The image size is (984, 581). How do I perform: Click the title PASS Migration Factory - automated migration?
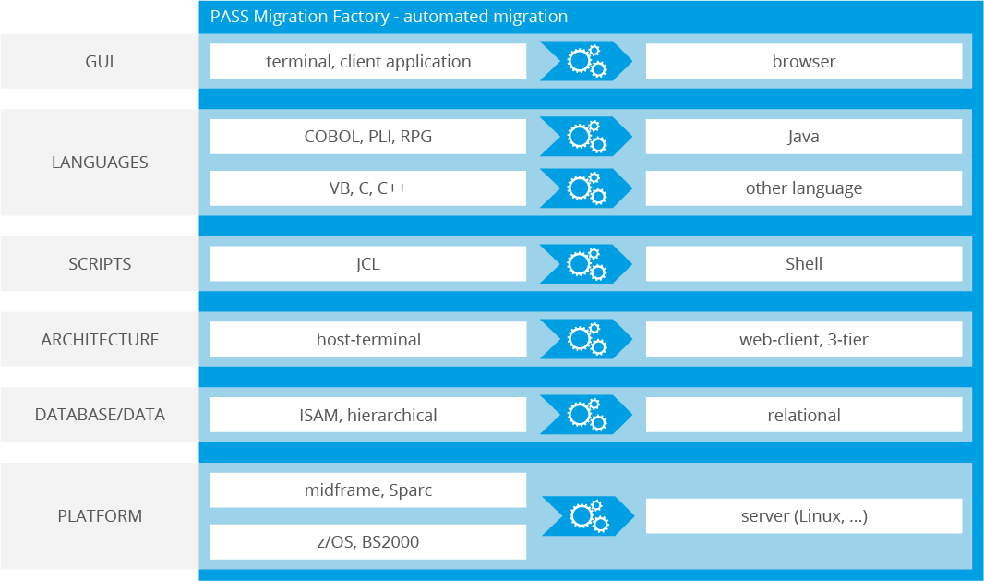(x=389, y=17)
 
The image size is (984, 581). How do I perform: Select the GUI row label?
(x=100, y=62)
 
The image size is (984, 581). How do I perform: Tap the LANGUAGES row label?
(x=100, y=163)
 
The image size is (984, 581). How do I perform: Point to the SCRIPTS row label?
(x=100, y=264)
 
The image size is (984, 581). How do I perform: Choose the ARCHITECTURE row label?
(x=100, y=340)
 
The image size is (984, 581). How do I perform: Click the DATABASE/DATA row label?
(x=100, y=415)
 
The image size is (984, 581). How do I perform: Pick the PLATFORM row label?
(x=100, y=515)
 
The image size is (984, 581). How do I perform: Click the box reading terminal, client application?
(x=368, y=62)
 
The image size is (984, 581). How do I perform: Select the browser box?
(x=804, y=62)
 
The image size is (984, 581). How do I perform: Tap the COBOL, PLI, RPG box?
(x=368, y=137)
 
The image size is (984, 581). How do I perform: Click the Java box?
(x=804, y=137)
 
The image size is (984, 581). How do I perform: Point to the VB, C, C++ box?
(x=368, y=188)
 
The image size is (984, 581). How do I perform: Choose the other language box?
(x=804, y=188)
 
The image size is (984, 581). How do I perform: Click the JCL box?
(x=368, y=264)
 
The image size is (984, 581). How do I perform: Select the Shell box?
(x=804, y=264)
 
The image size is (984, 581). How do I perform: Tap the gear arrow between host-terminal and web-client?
(x=586, y=340)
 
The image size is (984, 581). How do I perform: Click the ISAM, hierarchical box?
(x=368, y=415)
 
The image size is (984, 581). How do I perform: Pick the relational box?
(x=804, y=415)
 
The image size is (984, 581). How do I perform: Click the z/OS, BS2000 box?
(x=368, y=542)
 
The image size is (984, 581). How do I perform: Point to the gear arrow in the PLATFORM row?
(x=588, y=516)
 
